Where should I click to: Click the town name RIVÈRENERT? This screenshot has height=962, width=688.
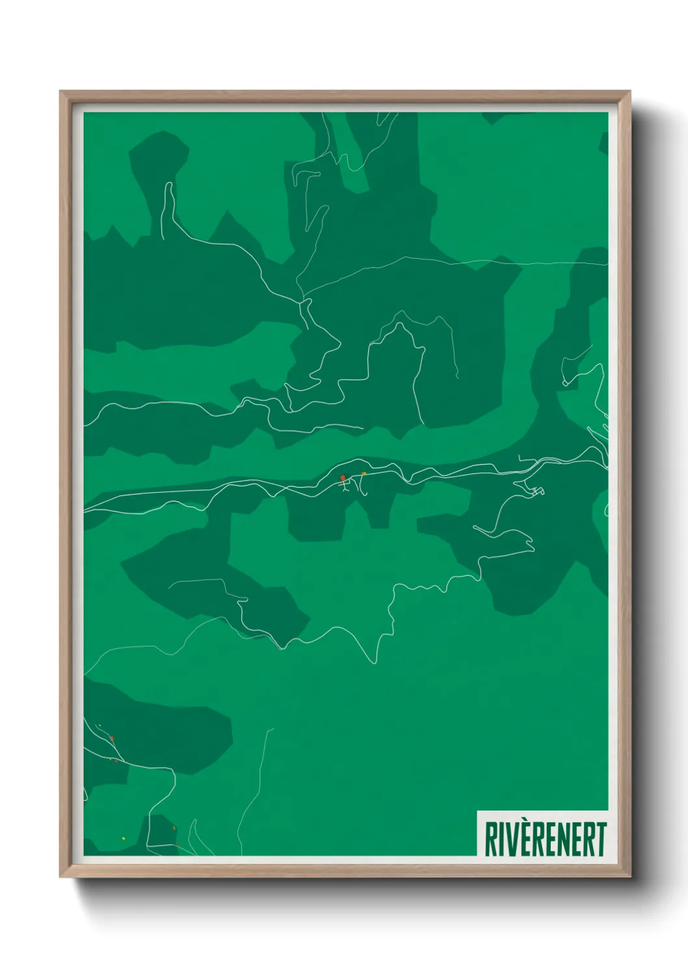[545, 839]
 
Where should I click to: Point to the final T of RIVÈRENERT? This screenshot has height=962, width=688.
[600, 839]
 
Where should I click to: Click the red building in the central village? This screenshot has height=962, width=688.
[343, 478]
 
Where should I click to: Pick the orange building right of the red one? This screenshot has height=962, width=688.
[364, 474]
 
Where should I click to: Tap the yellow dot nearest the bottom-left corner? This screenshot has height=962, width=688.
[123, 838]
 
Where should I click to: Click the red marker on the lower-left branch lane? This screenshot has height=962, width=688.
[112, 738]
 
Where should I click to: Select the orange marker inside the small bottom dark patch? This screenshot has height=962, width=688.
[174, 827]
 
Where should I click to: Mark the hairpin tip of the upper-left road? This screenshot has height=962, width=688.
[168, 185]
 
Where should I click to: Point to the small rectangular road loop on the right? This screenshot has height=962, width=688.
[537, 491]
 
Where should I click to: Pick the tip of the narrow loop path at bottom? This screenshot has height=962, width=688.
[194, 820]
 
